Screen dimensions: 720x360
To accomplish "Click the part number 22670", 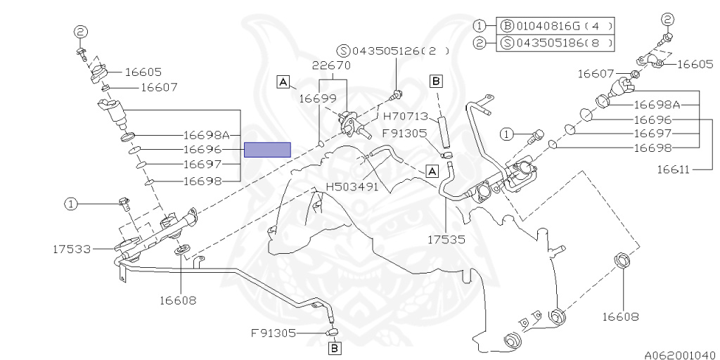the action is pos(330,65).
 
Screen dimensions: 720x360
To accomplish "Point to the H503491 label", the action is pos(352,187).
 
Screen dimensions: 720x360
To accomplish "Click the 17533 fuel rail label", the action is pos(72,248).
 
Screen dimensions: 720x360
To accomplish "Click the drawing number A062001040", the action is pos(679,354).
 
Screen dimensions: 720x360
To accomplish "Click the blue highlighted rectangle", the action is pos(267,149).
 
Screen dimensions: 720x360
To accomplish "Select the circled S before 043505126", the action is pos(343,50).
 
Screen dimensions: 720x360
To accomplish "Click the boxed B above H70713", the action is pos(436,81).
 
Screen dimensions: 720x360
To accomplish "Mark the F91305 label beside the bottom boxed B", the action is pos(274,333).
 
